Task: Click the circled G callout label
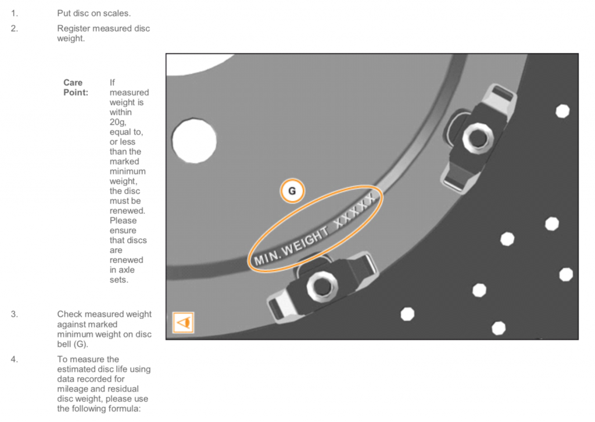(292, 191)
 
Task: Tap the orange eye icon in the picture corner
(183, 323)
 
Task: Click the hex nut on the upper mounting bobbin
(478, 137)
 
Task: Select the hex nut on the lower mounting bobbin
(322, 287)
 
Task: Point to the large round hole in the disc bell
(194, 141)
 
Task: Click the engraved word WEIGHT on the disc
(306, 242)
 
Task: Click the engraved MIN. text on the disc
(267, 258)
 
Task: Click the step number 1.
(14, 13)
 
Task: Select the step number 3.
(14, 314)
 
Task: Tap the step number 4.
(14, 359)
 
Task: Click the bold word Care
(73, 83)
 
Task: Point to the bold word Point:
(76, 92)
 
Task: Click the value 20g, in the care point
(118, 123)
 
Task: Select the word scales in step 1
(117, 13)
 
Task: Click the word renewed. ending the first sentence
(127, 210)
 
